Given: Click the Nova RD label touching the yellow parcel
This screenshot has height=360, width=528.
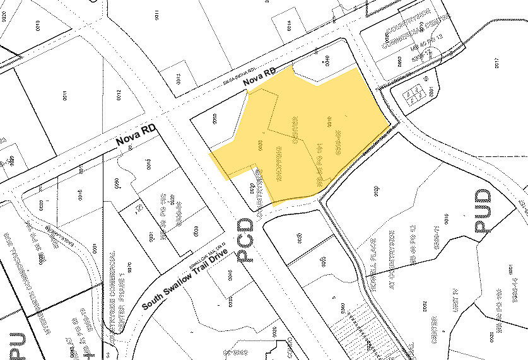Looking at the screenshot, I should (x=261, y=79).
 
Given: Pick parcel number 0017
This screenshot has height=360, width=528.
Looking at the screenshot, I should (x=498, y=63).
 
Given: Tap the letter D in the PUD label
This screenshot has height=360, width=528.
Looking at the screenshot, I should (x=483, y=197).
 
